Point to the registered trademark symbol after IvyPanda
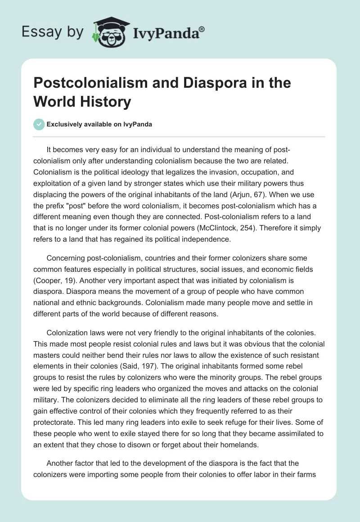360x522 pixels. [x=202, y=29]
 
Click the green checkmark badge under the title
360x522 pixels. [x=39, y=124]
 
